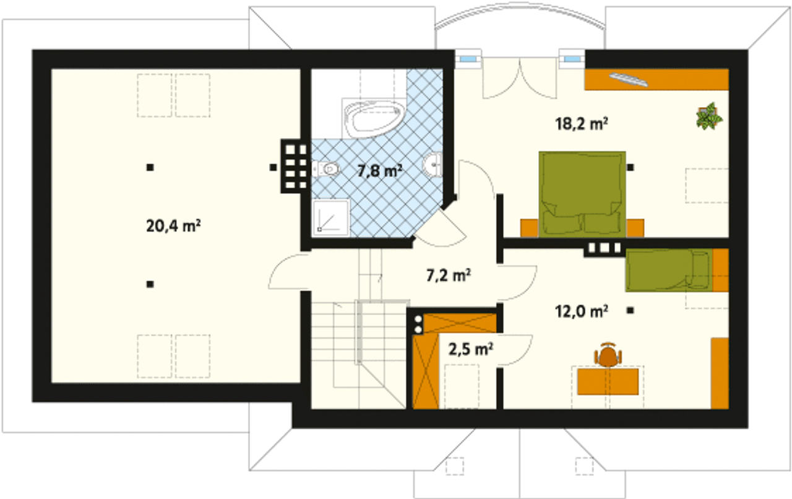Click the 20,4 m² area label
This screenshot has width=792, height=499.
pos(173,226)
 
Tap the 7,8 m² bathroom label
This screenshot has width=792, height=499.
pos(380,171)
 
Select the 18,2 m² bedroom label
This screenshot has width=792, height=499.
pos(581,124)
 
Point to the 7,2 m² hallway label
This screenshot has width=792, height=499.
pos(449,275)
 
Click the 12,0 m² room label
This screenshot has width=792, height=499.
pos(581,311)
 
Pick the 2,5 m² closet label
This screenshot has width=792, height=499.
pos(471,349)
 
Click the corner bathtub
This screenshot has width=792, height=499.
pos(374,118)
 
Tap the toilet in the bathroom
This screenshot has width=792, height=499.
pos(325,169)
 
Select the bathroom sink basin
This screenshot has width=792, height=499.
pos(433,165)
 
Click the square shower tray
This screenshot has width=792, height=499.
pos(331,218)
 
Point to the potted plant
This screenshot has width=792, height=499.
pos(708,116)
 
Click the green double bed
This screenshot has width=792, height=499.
pos(582,194)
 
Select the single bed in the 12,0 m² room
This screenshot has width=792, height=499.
pos(669,271)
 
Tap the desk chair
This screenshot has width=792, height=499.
pos(608,355)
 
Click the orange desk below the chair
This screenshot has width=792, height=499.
pos(608,381)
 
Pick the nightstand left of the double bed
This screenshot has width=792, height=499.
pos(529,228)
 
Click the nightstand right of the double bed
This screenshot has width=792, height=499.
pos(635,228)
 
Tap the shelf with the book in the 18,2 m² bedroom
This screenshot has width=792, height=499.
pos(656,80)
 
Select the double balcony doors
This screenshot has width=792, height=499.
pos(519,78)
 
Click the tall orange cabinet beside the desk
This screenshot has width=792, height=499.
pos(720,373)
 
